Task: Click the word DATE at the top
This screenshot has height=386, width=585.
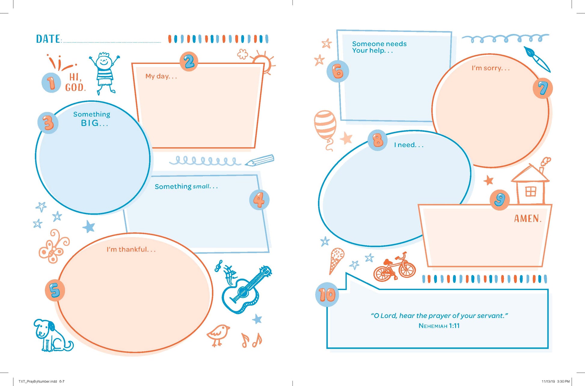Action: [x=48, y=39]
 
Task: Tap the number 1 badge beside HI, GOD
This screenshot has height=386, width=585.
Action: [x=51, y=83]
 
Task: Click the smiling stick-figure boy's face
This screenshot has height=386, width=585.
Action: [x=104, y=61]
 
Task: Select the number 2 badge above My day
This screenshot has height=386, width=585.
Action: [x=189, y=61]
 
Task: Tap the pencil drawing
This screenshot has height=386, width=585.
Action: [x=259, y=160]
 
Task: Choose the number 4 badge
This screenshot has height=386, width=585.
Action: [x=259, y=200]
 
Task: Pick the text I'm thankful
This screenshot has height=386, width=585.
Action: [x=131, y=249]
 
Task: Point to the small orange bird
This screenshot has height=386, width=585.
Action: [x=219, y=335]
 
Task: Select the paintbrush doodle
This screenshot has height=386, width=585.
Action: [x=537, y=59]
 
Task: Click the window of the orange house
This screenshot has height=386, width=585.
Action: [x=531, y=192]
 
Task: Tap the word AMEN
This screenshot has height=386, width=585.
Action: [x=528, y=218]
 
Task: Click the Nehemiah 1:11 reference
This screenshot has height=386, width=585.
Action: [x=439, y=326]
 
